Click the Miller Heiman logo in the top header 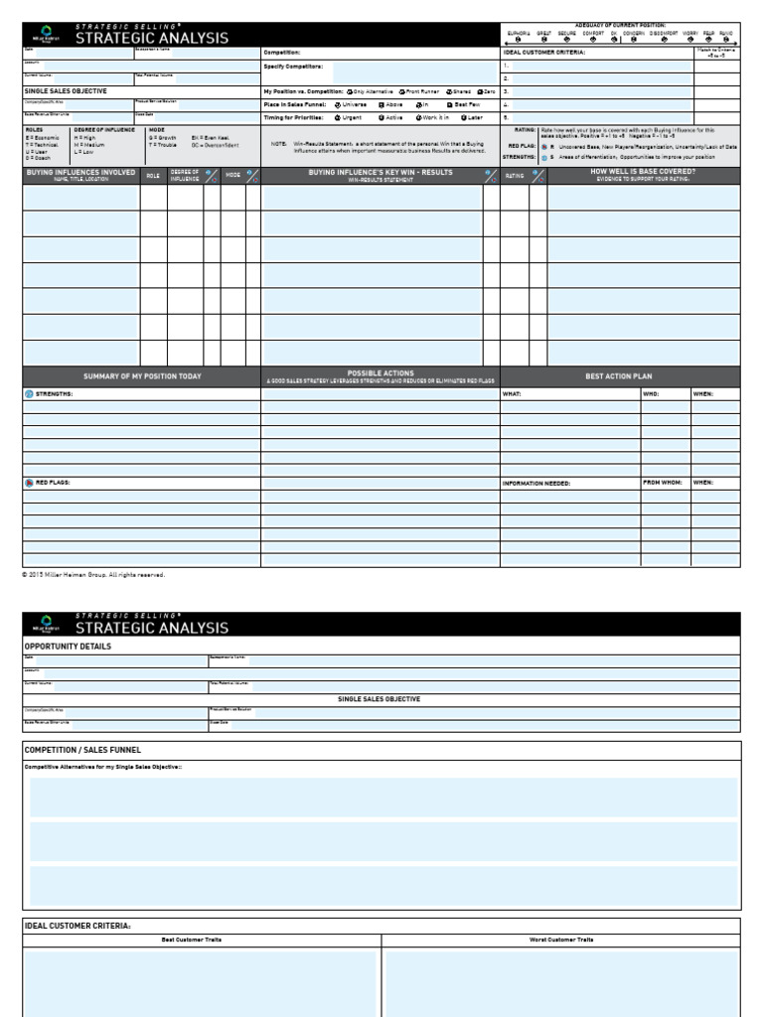(46, 35)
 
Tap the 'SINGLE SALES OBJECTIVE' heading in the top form (66, 90)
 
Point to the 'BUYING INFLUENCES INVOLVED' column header (80, 175)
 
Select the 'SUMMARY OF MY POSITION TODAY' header (141, 376)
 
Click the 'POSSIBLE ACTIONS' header (380, 373)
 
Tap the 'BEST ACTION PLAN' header (619, 376)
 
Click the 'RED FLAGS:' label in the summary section (54, 483)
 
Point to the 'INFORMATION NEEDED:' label (536, 483)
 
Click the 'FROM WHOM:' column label (663, 483)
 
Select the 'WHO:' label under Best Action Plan (651, 394)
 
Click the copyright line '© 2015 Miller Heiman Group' (93, 574)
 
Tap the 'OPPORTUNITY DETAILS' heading (68, 647)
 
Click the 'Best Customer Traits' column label (202, 939)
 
